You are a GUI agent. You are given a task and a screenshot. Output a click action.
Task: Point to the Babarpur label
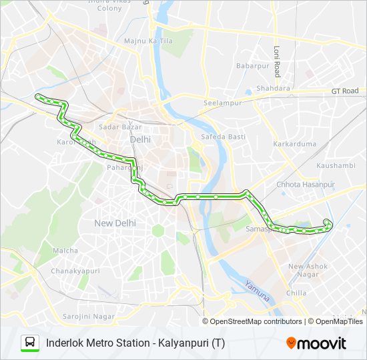(x=252, y=66)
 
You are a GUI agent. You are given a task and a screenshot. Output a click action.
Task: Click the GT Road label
(x=345, y=91)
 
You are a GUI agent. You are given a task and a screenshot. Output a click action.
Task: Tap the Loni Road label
(x=277, y=61)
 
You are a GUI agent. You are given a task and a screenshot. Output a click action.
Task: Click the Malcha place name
(x=65, y=251)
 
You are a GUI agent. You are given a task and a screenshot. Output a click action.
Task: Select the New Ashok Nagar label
(x=307, y=270)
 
